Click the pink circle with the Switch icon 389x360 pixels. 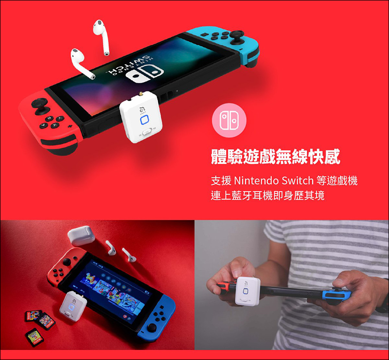[x=229, y=120]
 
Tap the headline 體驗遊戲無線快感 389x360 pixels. [x=275, y=157]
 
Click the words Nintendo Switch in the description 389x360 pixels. [x=274, y=181]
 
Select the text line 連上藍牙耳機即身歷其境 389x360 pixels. [x=267, y=195]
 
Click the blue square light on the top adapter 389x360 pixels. [x=144, y=120]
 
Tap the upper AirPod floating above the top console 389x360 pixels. [x=102, y=36]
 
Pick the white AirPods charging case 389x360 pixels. [x=81, y=236]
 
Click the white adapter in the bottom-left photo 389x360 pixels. [x=70, y=306]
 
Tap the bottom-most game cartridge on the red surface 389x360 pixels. [x=35, y=337]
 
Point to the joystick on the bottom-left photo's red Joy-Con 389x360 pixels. [x=68, y=261]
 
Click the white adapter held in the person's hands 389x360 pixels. [x=248, y=291]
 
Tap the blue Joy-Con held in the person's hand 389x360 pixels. [x=336, y=296]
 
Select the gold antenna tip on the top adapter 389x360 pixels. [x=141, y=94]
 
